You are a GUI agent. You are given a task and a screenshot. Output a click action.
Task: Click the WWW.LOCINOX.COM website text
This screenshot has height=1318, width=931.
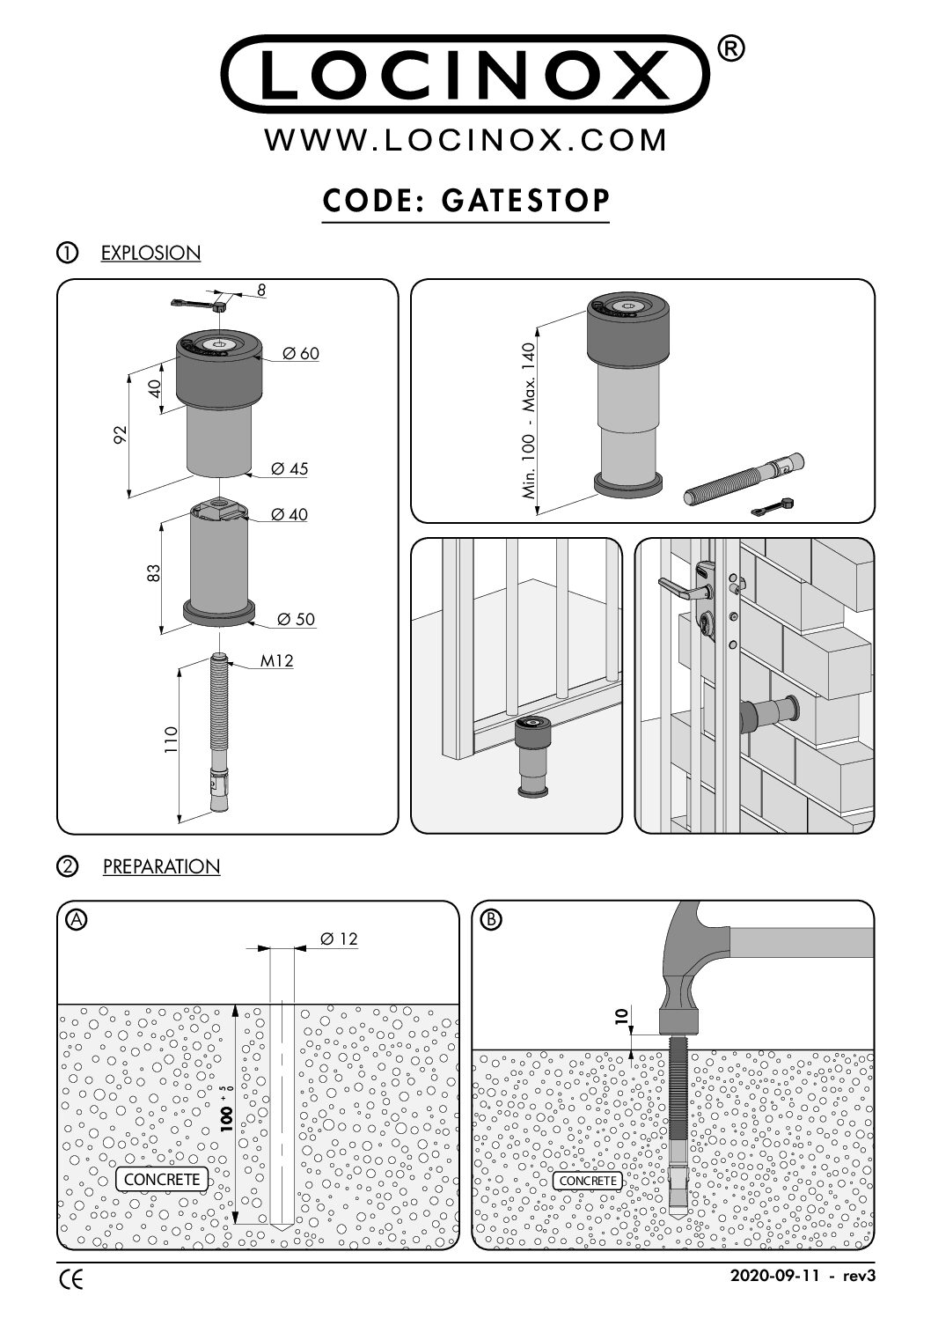[x=465, y=140]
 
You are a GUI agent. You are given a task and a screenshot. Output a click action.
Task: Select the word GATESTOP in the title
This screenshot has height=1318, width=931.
[x=525, y=200]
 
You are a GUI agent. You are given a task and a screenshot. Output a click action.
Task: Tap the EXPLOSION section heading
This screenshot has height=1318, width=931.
[x=150, y=254]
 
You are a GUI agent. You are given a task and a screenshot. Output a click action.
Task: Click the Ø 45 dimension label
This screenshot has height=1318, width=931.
[x=290, y=468]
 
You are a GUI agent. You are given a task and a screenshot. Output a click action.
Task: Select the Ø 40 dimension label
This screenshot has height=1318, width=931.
[x=290, y=514]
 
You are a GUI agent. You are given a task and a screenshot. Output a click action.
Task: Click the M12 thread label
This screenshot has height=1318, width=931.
[x=276, y=661]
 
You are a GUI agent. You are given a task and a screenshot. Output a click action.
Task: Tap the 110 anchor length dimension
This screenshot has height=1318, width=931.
[x=172, y=740]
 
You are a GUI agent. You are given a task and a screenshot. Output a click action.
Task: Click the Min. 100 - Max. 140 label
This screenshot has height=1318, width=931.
[x=529, y=421]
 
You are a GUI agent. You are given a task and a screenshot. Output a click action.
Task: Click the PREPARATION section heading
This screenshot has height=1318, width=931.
[x=161, y=867]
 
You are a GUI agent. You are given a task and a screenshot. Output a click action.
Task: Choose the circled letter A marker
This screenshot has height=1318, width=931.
[x=77, y=919]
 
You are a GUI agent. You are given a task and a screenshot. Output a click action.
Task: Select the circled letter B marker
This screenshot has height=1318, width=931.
[x=492, y=919]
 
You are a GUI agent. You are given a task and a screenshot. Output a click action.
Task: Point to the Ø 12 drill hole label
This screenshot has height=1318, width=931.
[x=339, y=939]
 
